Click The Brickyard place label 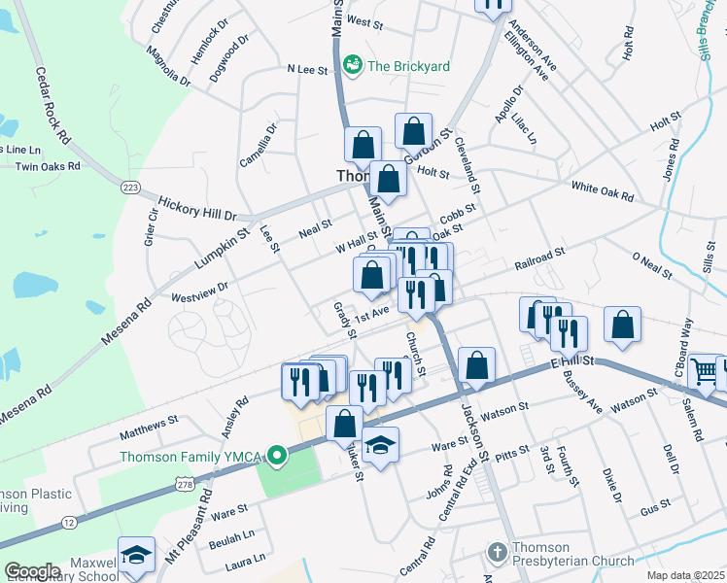408,66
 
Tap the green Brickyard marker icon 352,65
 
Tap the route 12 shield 68,524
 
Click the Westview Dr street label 199,289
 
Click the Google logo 32,571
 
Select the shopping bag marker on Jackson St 476,367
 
